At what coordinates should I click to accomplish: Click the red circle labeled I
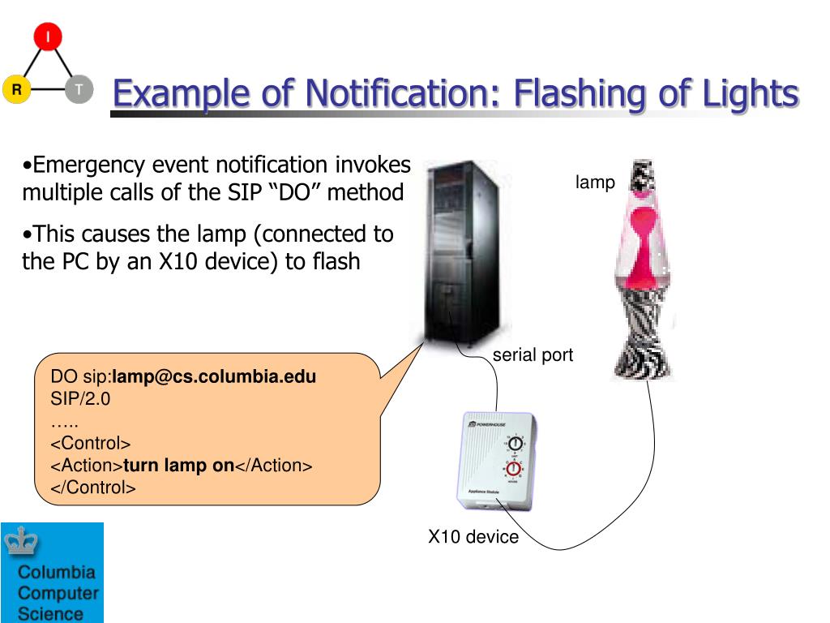[x=48, y=37]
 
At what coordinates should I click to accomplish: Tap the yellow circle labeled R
[x=15, y=89]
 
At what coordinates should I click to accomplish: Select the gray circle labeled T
[x=79, y=89]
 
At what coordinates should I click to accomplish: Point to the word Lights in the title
[x=749, y=94]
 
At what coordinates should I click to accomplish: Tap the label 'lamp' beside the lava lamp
[x=595, y=183]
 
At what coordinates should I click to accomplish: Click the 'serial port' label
[x=533, y=354]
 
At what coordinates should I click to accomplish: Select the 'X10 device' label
[x=473, y=536]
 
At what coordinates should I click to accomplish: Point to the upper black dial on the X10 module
[x=514, y=443]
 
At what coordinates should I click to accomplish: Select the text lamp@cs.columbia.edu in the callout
[x=214, y=376]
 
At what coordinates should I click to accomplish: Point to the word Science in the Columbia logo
[x=50, y=613]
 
